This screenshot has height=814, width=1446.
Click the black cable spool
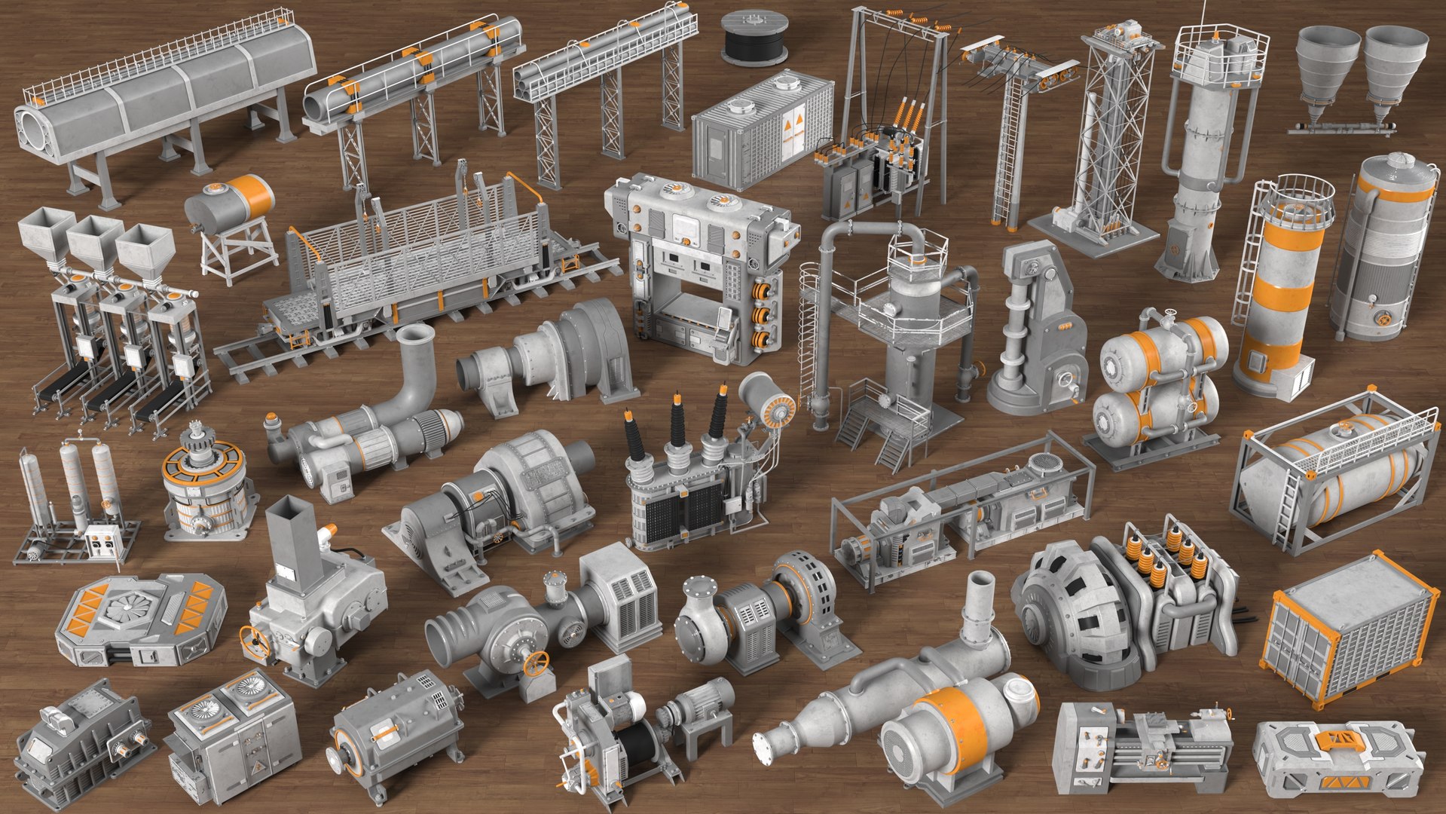(x=754, y=37)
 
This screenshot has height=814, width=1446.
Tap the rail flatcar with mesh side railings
(x=414, y=264)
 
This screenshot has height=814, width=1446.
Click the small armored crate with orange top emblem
(x=1337, y=756)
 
